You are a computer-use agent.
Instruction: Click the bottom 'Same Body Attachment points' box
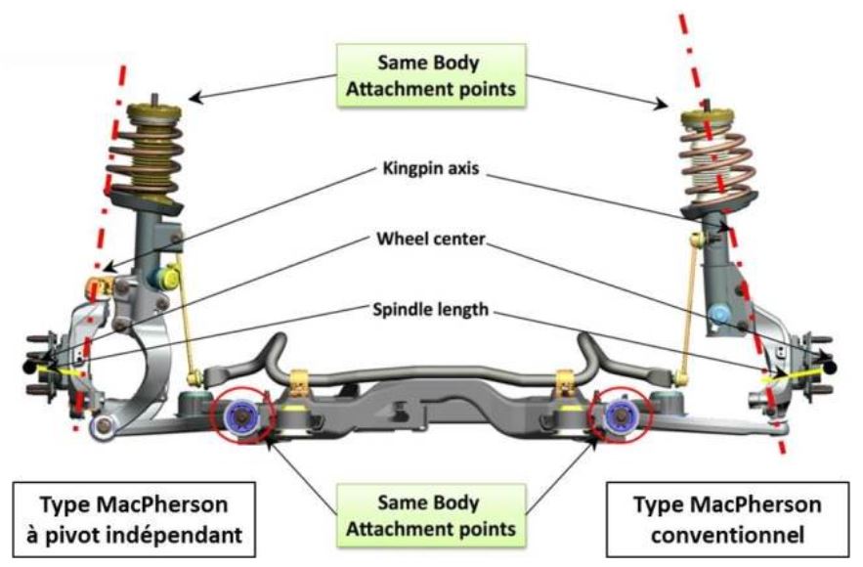[x=431, y=514]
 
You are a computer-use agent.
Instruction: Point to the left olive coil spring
[x=146, y=157]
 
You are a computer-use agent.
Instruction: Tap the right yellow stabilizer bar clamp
[x=564, y=380]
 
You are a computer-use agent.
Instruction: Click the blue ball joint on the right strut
[x=719, y=315]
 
